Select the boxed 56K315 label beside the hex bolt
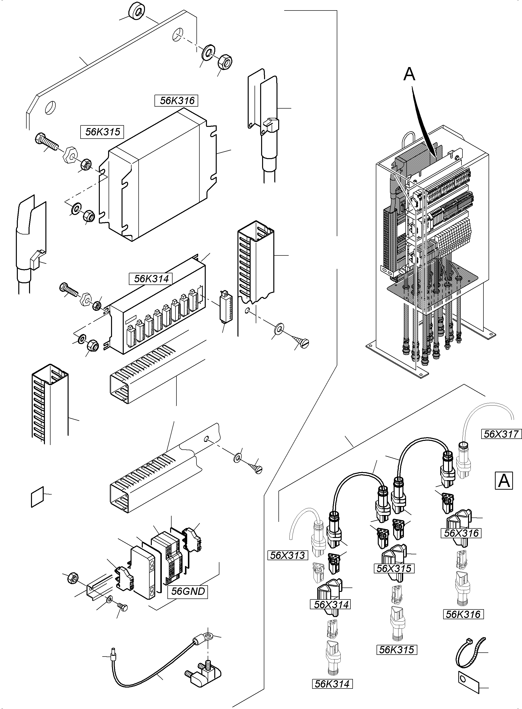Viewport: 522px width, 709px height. [x=102, y=132]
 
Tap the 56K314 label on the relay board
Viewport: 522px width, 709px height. [x=151, y=279]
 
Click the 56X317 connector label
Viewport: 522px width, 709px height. [x=501, y=434]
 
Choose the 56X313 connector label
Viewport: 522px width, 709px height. [x=287, y=555]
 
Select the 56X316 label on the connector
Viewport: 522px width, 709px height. [x=461, y=533]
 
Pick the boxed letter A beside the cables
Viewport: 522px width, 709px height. [x=504, y=481]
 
